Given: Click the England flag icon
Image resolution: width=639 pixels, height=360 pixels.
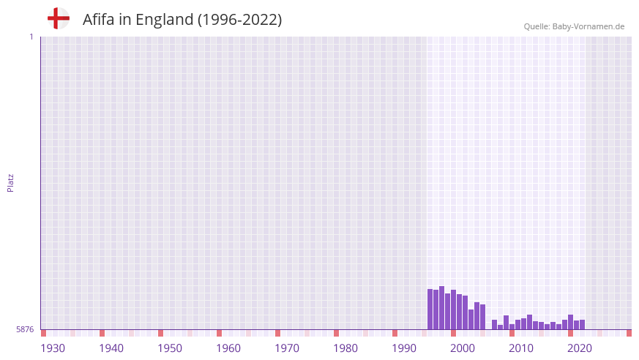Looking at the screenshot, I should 59,18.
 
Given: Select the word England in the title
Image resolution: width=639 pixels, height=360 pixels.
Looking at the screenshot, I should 166,20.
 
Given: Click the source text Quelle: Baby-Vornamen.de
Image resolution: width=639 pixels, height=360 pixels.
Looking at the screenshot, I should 574,26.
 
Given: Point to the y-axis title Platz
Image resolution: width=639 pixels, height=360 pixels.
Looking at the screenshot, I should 10,182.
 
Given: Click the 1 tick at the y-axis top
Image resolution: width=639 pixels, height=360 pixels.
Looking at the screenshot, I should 31,37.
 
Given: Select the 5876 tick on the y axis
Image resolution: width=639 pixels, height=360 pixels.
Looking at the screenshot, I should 25,330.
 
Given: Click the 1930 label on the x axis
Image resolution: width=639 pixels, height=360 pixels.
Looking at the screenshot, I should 53,348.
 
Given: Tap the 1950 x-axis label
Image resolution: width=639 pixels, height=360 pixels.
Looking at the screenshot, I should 170,348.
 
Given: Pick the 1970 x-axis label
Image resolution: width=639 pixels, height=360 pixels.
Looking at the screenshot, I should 287,348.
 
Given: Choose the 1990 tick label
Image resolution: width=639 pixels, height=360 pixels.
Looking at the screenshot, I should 404,348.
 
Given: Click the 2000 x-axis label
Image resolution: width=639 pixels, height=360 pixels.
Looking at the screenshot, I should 463,348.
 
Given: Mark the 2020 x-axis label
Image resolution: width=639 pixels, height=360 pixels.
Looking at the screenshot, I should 580,348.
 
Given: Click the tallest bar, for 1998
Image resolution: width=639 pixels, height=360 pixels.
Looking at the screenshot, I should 441,308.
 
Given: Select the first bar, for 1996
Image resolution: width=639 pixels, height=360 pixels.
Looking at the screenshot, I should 430,310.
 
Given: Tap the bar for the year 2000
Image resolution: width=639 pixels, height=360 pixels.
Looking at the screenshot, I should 453,310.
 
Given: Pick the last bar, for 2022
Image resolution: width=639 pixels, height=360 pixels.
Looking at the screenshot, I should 582,325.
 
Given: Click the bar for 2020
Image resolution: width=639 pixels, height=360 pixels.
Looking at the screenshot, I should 570,323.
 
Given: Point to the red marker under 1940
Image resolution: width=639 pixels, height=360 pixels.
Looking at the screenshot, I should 102,333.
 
